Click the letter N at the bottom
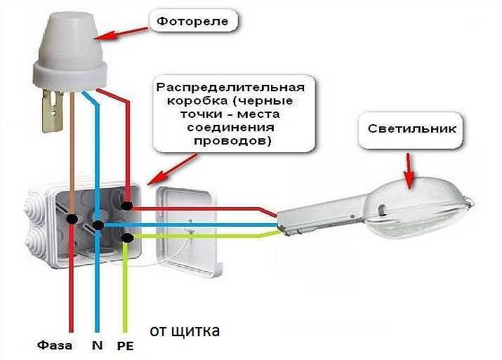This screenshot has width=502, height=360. tap(98, 346)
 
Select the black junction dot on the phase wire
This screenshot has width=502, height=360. tap(72, 220)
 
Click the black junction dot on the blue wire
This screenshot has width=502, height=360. tap(98, 225)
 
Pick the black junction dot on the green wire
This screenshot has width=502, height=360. tap(126, 239)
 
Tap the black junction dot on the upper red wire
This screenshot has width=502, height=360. tap(127, 206)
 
